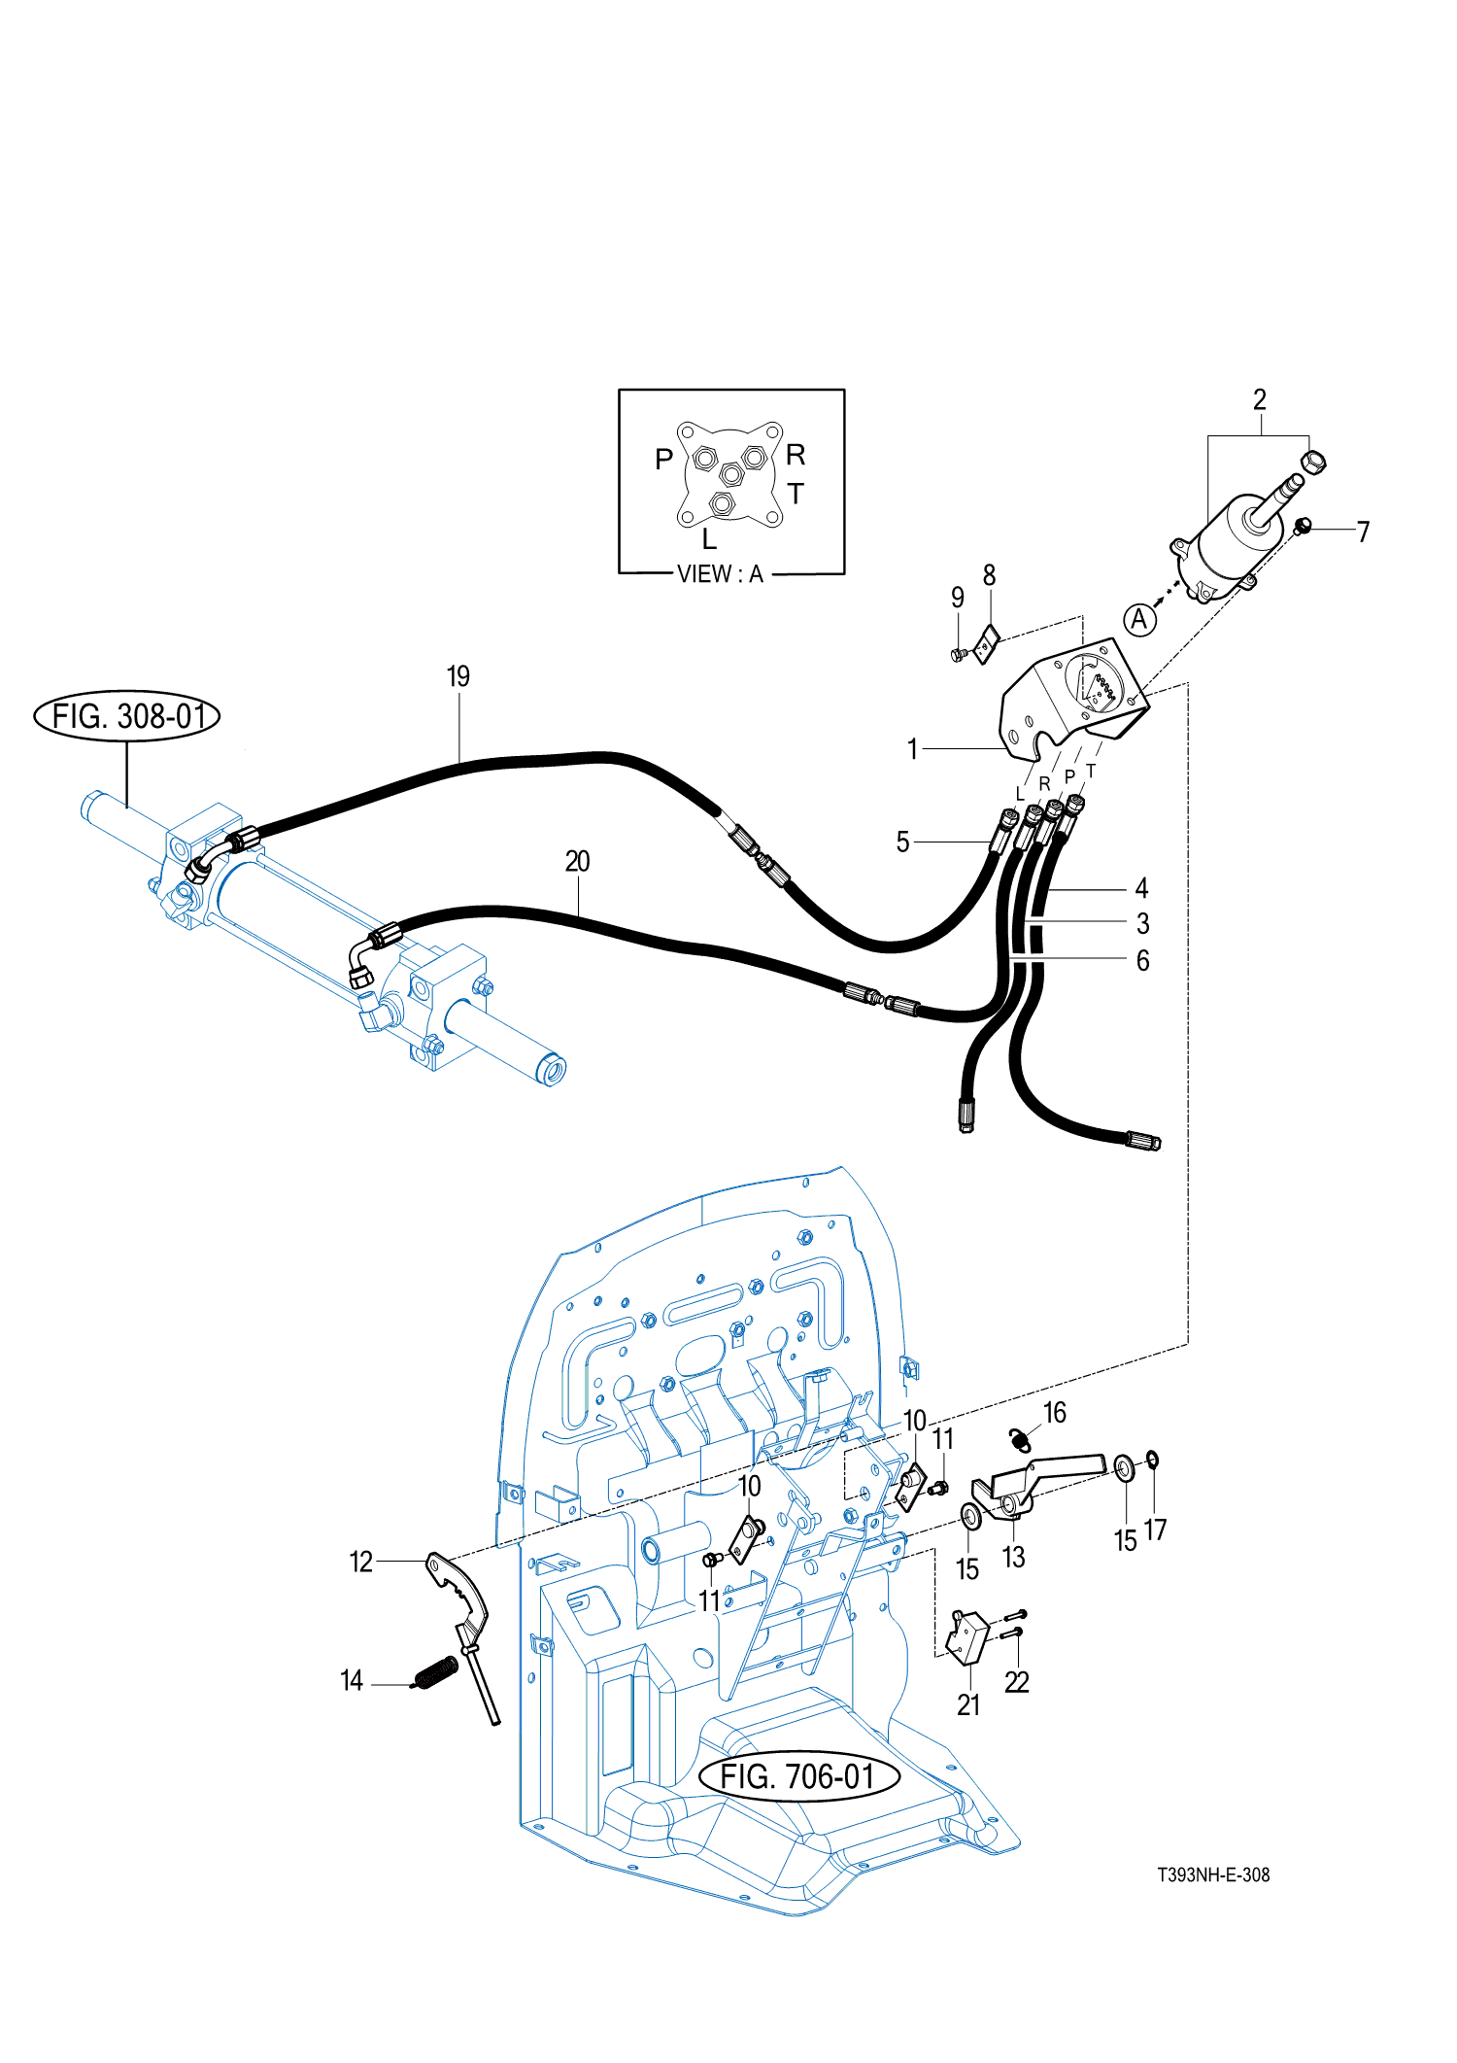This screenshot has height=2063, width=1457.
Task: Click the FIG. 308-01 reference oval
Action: click(x=127, y=717)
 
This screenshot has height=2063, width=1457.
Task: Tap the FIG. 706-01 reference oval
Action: click(x=798, y=1776)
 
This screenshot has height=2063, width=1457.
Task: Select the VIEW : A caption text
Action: click(x=720, y=574)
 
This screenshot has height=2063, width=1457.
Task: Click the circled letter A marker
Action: click(x=1139, y=619)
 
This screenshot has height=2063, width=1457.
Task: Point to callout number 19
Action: click(x=458, y=676)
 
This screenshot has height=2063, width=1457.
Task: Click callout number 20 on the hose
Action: click(x=577, y=861)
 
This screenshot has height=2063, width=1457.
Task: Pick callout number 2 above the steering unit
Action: click(x=1259, y=399)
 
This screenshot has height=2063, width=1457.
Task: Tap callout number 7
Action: click(x=1363, y=532)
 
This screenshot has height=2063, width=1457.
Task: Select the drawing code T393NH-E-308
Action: click(x=1213, y=1874)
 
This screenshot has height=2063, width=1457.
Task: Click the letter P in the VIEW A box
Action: click(x=664, y=459)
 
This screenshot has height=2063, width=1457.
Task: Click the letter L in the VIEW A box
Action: click(x=709, y=539)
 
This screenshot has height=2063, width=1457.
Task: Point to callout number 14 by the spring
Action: click(x=352, y=1680)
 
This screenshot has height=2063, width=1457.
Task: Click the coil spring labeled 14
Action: click(x=435, y=1671)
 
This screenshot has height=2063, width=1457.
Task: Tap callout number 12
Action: click(x=360, y=1562)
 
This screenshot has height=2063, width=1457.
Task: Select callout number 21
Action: click(x=968, y=1705)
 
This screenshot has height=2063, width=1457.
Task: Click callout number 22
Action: click(x=1016, y=1682)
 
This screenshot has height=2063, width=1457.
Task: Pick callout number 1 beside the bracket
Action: click(x=912, y=749)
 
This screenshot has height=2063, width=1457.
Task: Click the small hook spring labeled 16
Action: click(x=1020, y=1440)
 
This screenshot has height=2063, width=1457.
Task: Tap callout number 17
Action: click(x=1155, y=1530)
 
